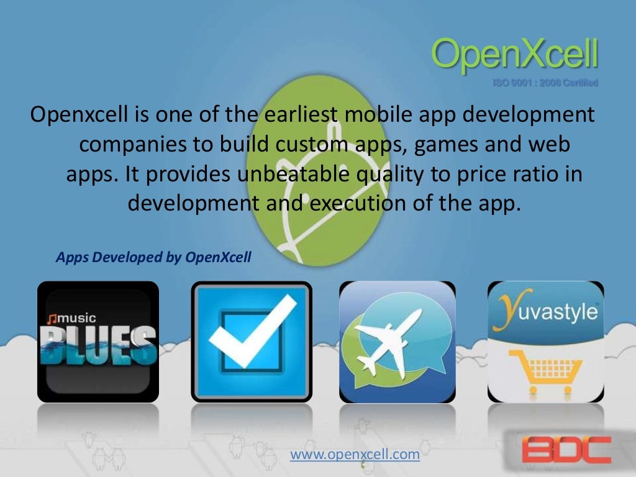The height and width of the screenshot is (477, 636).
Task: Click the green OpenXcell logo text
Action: coord(514,55)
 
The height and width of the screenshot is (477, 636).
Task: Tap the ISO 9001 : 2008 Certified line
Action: coord(545,83)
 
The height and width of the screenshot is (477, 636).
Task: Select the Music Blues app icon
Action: coord(98,342)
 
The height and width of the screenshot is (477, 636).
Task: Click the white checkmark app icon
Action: coord(252,342)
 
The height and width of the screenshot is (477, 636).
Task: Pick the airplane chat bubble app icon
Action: coord(397,342)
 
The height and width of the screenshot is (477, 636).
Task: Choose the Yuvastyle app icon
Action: coord(545,342)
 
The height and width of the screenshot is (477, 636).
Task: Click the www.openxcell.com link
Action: coord(355,455)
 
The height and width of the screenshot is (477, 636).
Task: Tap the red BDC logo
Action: coord(566,449)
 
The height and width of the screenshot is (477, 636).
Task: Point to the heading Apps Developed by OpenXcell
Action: coord(153,257)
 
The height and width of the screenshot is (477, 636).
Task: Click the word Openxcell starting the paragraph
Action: coord(80,115)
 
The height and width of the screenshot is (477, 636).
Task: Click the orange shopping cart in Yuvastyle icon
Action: coord(545,371)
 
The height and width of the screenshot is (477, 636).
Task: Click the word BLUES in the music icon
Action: coord(98,345)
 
